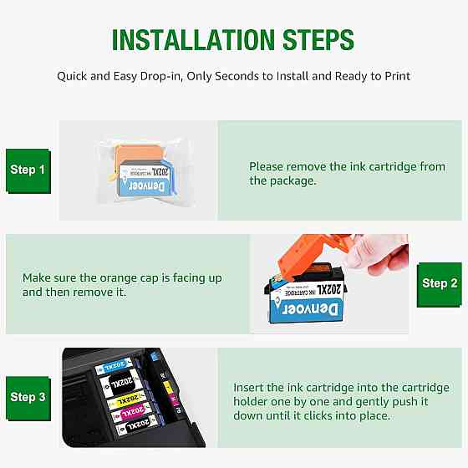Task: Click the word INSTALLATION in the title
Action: (193, 40)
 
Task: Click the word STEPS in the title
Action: (318, 40)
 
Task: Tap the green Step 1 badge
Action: (28, 171)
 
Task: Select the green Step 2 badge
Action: (440, 285)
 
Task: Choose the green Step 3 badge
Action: (28, 399)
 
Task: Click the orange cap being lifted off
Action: (310, 255)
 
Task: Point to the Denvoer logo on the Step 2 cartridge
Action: (310, 309)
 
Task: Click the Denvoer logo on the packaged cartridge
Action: (146, 186)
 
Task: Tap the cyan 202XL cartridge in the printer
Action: (114, 366)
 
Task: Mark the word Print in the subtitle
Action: (398, 76)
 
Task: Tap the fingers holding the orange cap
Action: (385, 255)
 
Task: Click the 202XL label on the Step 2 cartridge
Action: (328, 289)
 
